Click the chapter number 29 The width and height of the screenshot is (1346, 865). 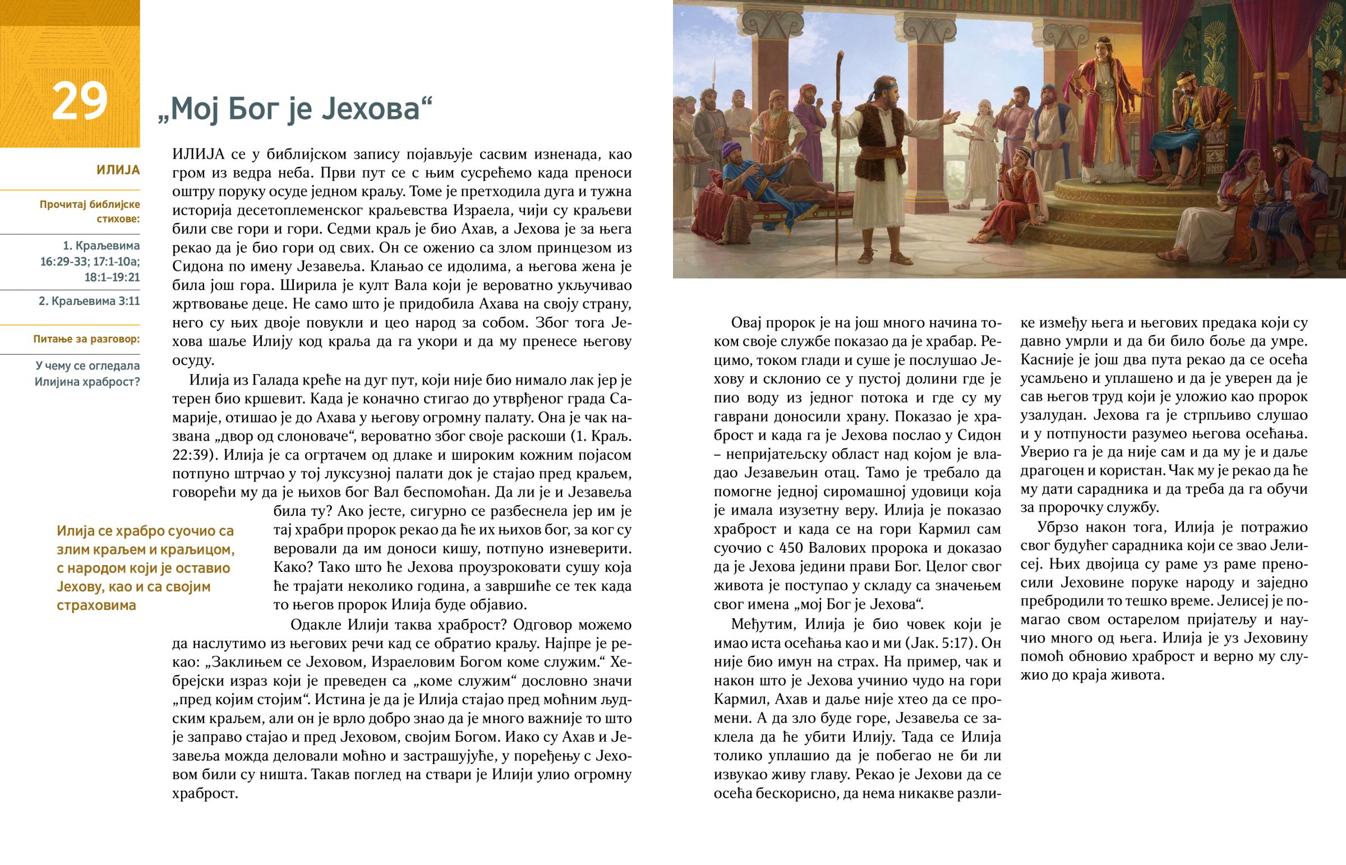(79, 101)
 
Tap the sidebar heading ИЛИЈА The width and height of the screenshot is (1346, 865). (118, 170)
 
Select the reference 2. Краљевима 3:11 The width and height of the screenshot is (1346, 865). (89, 301)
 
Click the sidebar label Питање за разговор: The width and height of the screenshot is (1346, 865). (86, 339)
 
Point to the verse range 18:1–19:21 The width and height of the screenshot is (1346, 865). (112, 277)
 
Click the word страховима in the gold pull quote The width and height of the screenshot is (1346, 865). (96, 605)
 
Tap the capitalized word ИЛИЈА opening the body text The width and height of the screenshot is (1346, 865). (199, 154)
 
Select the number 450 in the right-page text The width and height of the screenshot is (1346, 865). (840, 548)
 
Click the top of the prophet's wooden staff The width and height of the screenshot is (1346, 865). (841, 57)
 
